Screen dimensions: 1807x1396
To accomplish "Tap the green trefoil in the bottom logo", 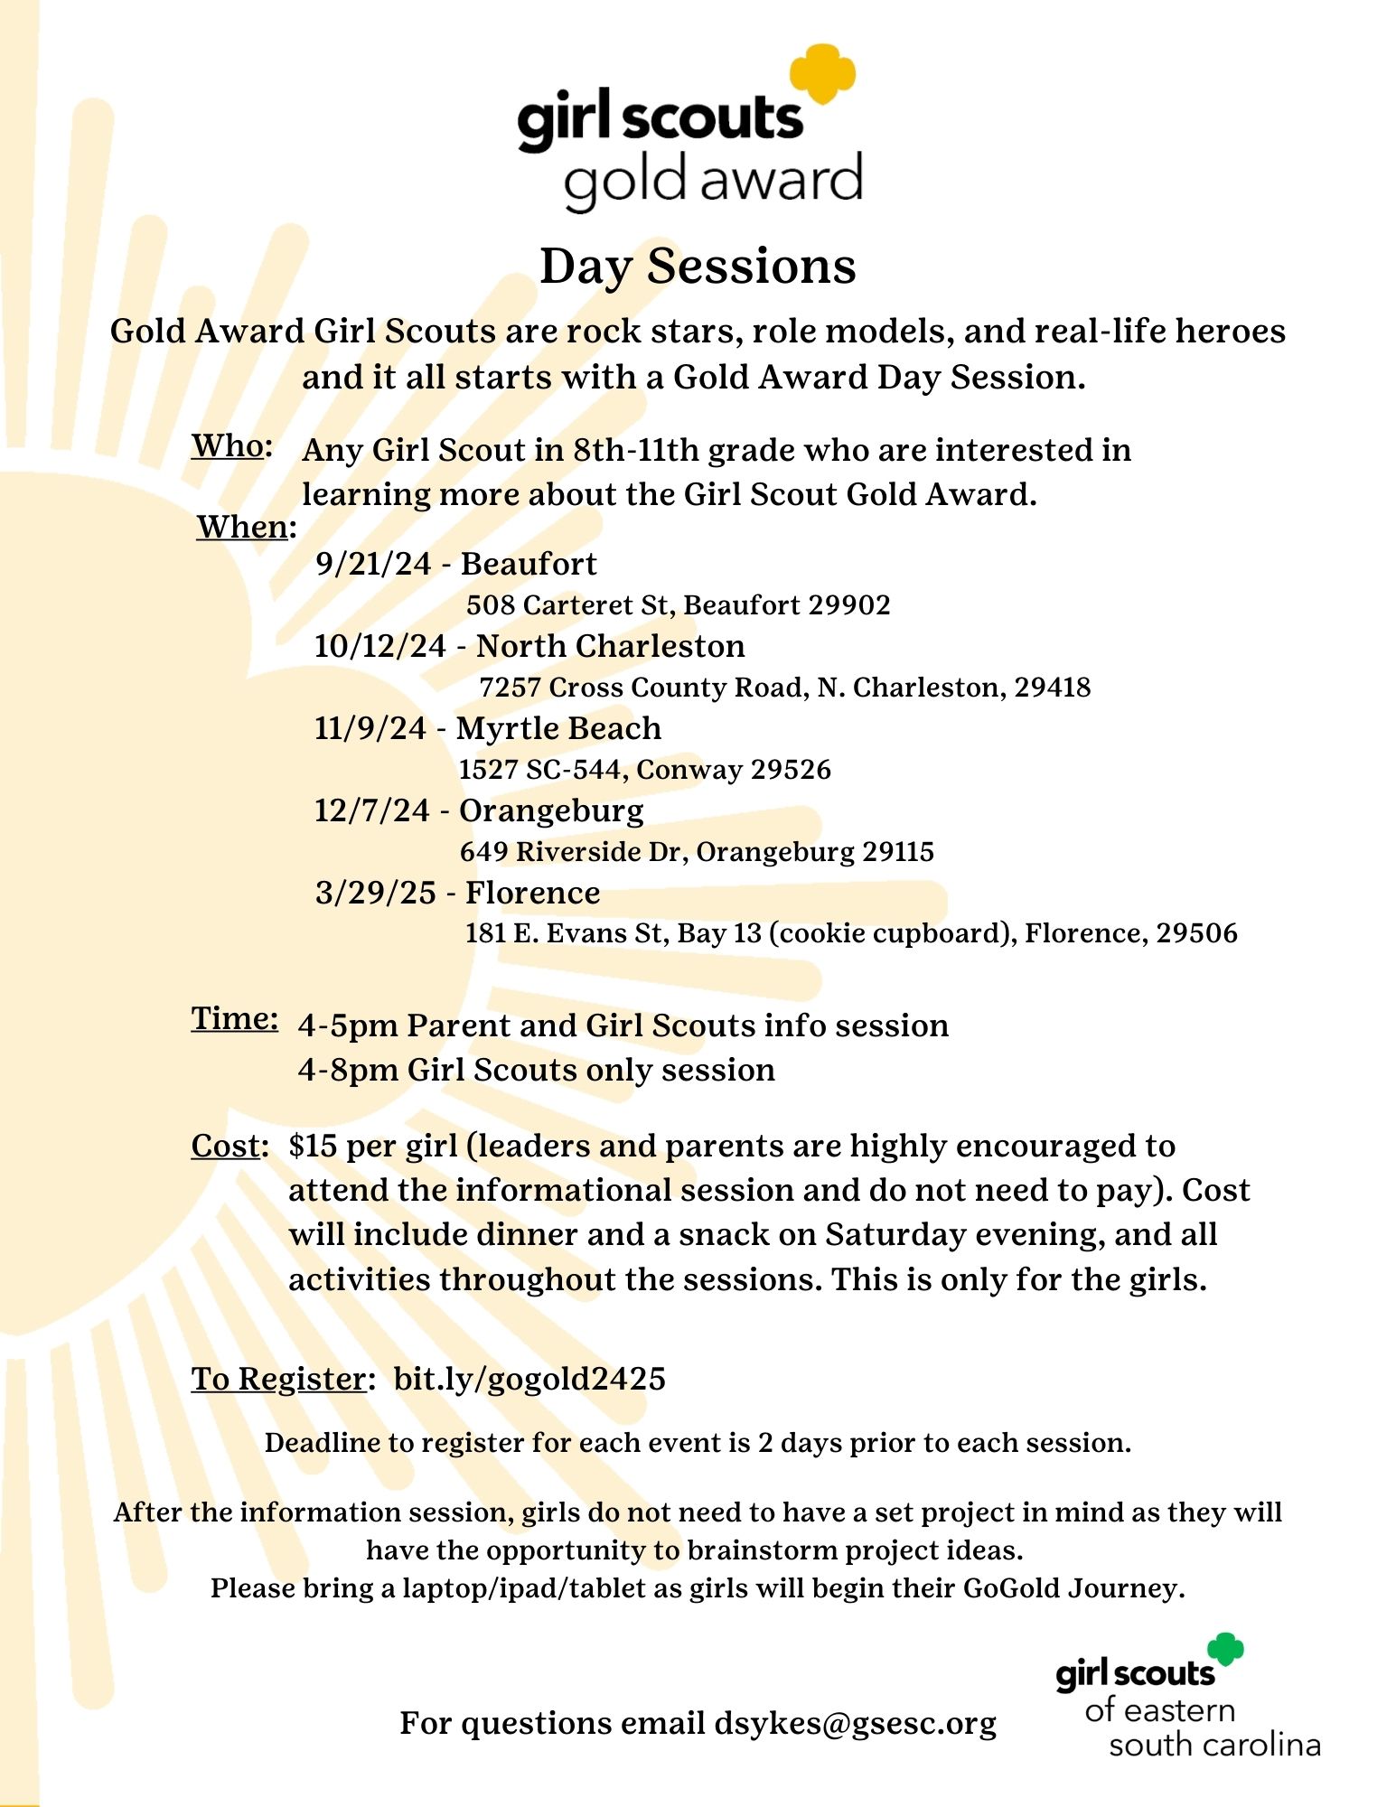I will (x=1226, y=1649).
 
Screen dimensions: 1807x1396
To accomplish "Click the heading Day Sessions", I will (x=698, y=267).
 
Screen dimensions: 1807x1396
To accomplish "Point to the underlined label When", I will (x=241, y=527).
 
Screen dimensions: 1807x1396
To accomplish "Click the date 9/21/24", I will (x=373, y=564).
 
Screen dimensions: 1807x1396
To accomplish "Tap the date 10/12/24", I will (x=379, y=646).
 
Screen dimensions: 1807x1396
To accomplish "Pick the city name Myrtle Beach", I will (x=558, y=728).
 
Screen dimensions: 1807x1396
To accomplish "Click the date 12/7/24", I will (x=371, y=810).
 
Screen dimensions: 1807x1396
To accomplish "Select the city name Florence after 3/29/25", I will (x=532, y=893).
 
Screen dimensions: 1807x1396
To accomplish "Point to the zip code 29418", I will (x=1053, y=688).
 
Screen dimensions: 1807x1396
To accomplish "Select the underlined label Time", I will (x=233, y=1019).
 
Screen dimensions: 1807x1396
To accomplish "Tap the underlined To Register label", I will (x=277, y=1379).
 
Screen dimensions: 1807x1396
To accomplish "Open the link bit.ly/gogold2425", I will (x=529, y=1379).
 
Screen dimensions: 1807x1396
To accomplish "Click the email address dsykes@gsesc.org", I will (x=855, y=1723).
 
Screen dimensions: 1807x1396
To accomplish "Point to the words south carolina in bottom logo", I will (x=1214, y=1745).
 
